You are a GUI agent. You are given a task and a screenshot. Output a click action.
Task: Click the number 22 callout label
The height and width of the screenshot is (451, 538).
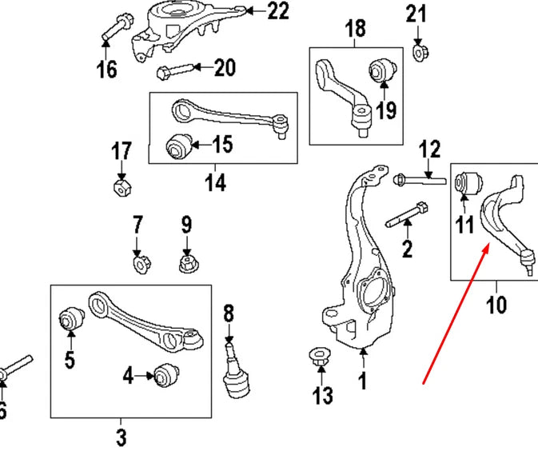click(278, 11)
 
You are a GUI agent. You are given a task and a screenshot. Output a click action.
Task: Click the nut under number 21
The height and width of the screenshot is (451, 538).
click(418, 53)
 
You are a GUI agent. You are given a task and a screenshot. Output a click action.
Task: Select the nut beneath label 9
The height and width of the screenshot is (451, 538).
click(187, 261)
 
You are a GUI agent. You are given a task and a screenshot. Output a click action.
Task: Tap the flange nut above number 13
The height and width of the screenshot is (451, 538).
click(318, 360)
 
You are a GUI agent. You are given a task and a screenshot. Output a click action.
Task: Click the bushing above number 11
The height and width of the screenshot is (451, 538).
click(466, 182)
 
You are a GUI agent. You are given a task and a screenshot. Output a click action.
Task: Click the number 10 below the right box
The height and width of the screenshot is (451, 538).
click(496, 305)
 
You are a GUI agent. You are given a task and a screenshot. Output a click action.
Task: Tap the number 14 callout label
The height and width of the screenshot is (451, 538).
click(214, 182)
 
